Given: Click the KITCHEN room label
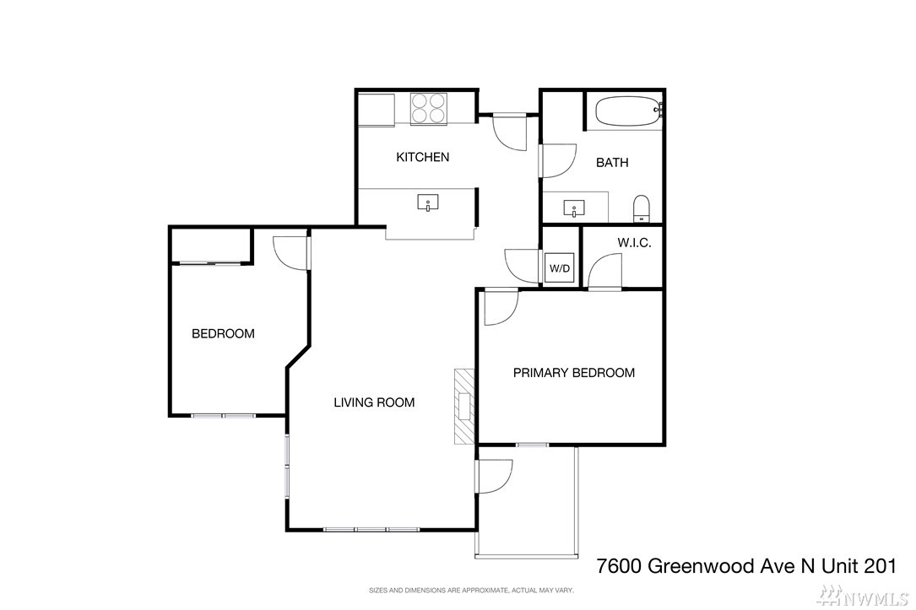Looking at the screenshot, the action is (422, 157).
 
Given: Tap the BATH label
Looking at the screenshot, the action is (612, 163).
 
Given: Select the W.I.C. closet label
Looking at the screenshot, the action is (634, 243).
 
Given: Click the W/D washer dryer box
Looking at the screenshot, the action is (560, 268).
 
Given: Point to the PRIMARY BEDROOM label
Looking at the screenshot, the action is (574, 373).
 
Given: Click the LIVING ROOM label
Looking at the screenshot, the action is (374, 402).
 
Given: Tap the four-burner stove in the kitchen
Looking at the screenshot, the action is (429, 108).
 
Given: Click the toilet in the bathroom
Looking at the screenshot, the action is (642, 208).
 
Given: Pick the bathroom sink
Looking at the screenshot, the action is (574, 208).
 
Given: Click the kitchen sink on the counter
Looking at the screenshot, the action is (428, 202).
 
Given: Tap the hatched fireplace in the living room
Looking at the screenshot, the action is (465, 407).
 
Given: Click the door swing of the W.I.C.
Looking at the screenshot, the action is (604, 271).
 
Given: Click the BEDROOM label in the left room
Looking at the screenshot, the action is (223, 334).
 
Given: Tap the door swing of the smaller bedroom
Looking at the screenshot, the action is (290, 253).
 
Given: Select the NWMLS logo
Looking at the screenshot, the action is (862, 596).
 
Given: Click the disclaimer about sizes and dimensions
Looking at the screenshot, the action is (471, 590).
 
